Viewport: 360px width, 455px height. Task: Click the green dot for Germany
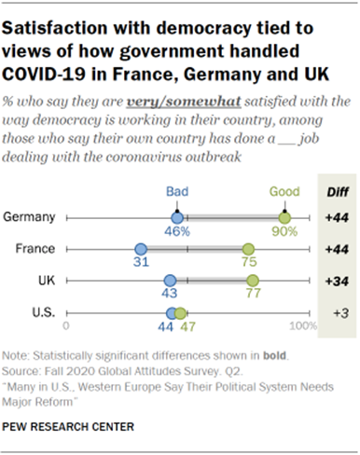[x=284, y=217]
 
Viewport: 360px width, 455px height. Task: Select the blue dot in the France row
[x=141, y=249]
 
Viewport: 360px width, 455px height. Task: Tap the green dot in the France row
[x=248, y=249]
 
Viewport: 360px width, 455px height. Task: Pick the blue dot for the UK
[x=170, y=280]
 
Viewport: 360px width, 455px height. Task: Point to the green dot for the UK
[x=252, y=280]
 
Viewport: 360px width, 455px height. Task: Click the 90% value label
[x=284, y=231]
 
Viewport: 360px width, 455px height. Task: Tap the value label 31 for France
[x=141, y=263]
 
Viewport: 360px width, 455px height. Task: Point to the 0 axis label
[x=66, y=327]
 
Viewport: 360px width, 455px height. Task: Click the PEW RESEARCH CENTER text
[x=67, y=427]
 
